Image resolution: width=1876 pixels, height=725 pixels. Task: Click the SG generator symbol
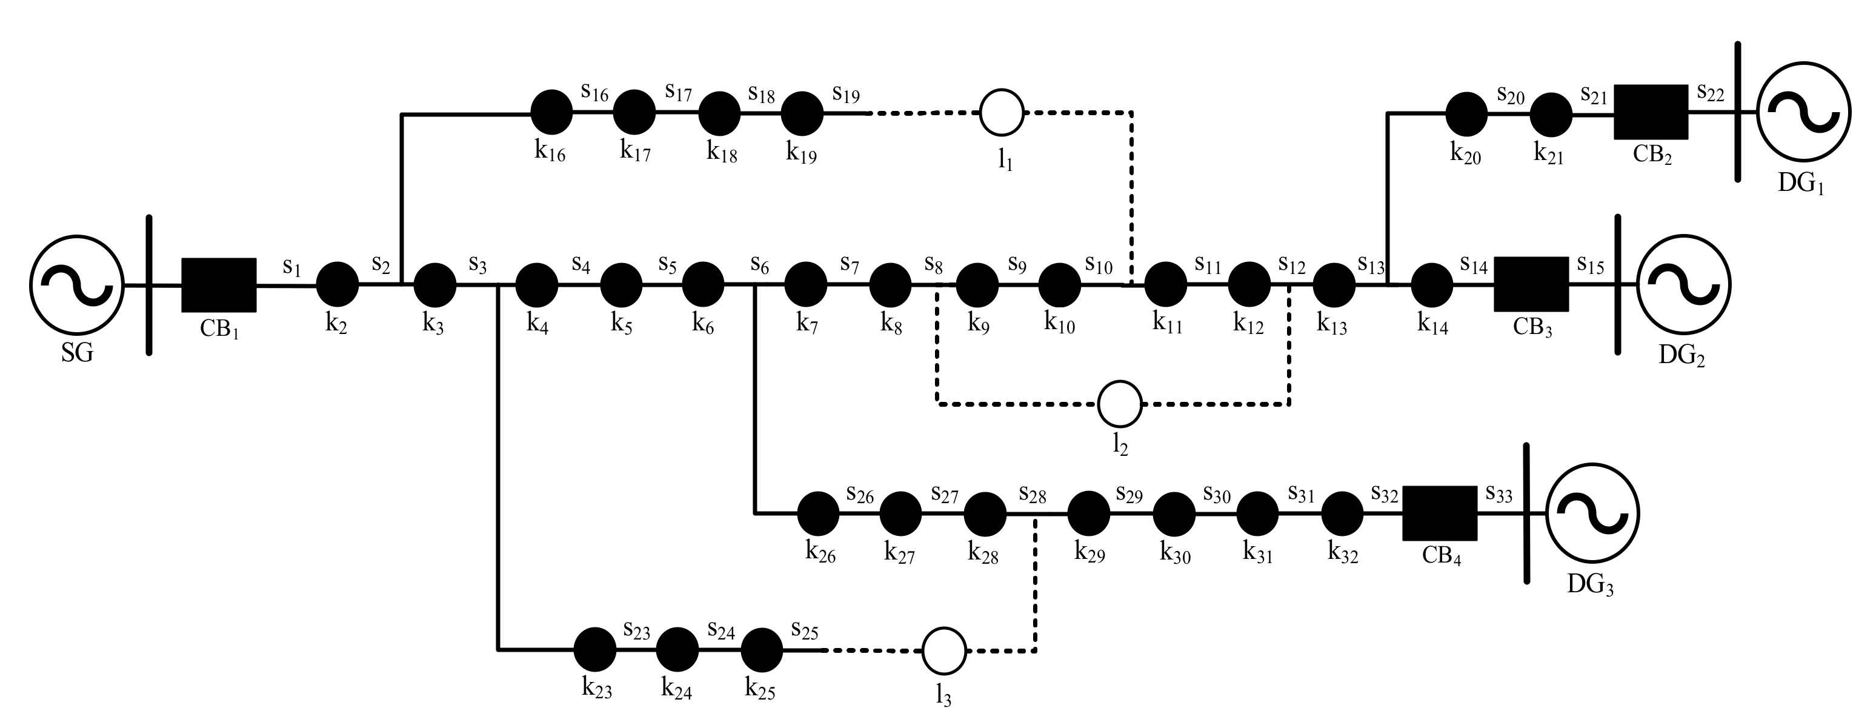76,284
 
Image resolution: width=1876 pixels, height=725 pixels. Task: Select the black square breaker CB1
219,284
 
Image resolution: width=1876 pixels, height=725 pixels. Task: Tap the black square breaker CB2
1650,112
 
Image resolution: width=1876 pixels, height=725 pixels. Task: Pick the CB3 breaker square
1531,284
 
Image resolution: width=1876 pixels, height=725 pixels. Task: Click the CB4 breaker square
1439,513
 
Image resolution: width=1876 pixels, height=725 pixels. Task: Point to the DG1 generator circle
1803,112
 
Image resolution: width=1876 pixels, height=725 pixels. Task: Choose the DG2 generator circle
1683,284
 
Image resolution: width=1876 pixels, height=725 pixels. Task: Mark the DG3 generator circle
1592,513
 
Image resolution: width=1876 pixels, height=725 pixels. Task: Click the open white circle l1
1002,112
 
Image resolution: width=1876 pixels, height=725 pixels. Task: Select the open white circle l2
1119,403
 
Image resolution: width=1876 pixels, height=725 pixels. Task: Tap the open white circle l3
944,650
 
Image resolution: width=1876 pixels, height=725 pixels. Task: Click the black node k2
337,284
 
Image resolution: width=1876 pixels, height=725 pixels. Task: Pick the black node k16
551,112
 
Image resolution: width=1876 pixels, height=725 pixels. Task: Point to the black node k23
595,649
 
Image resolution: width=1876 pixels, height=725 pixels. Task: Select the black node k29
1089,513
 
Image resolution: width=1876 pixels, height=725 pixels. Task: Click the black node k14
1432,284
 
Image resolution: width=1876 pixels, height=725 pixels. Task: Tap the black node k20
1465,114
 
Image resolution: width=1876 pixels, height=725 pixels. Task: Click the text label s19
847,95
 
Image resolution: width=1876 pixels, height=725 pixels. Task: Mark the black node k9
977,284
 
